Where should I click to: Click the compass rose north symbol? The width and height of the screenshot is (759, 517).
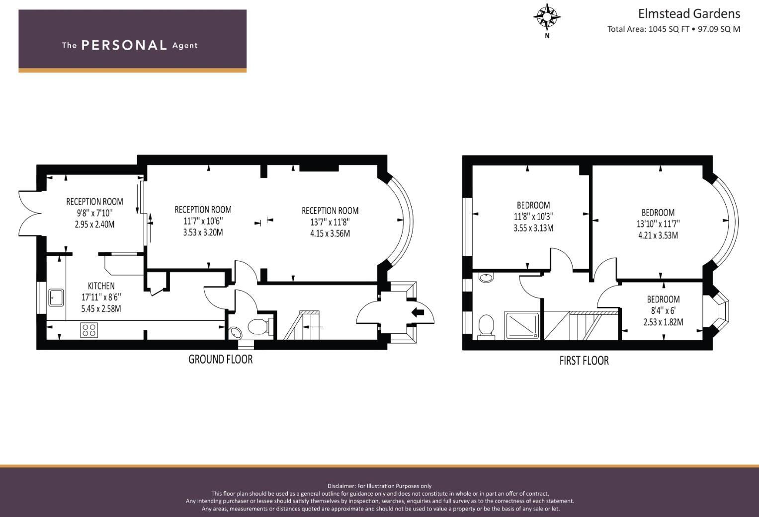click(x=547, y=17)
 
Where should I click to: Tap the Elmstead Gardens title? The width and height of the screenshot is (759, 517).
click(x=689, y=13)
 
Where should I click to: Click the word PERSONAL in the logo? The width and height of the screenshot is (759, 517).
click(x=124, y=45)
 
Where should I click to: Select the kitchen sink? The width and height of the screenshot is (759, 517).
click(x=56, y=297)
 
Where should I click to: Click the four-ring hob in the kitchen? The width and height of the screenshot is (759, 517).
click(x=89, y=330)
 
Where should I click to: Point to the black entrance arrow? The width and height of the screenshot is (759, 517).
click(x=418, y=312)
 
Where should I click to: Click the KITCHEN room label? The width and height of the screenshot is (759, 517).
click(x=101, y=286)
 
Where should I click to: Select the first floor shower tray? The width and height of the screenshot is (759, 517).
click(x=521, y=325)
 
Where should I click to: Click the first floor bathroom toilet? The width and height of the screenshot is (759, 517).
click(x=486, y=327)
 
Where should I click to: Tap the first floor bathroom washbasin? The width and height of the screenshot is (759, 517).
click(x=486, y=278)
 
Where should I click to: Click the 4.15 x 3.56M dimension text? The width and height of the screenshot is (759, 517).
click(x=330, y=233)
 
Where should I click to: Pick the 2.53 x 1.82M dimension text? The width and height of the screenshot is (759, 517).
click(x=663, y=322)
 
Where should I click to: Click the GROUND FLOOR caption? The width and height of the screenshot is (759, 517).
click(x=220, y=359)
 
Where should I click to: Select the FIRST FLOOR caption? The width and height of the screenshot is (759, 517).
click(x=584, y=361)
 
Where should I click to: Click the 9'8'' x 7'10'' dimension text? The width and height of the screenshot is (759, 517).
click(x=94, y=213)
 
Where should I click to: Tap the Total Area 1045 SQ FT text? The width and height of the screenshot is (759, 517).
click(x=674, y=29)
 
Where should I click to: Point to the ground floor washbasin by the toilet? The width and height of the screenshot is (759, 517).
click(x=234, y=332)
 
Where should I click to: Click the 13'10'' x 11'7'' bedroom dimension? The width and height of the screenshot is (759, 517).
click(x=658, y=224)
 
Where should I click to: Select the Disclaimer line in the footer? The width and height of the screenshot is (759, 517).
click(x=379, y=486)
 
